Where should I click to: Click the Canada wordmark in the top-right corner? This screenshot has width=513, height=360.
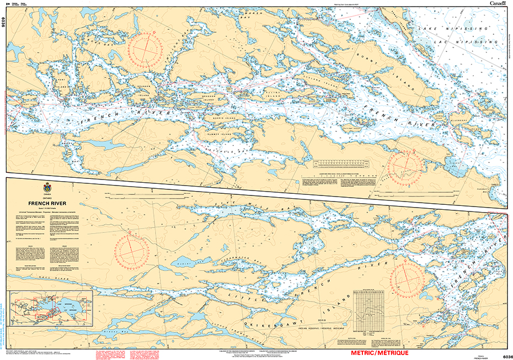pyautogui.click(x=497, y=3)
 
